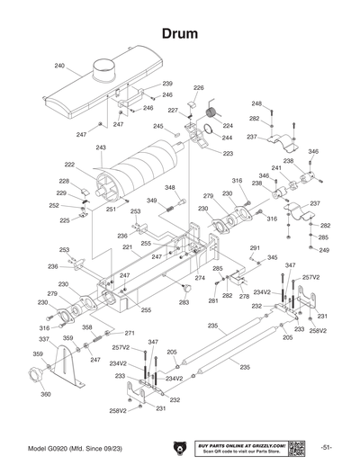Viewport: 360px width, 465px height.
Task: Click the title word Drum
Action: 180,32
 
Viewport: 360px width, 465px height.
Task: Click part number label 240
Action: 59,66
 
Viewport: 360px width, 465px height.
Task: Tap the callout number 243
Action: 101,148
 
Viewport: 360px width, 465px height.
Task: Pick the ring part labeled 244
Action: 207,137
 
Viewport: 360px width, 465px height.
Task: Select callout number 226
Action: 199,88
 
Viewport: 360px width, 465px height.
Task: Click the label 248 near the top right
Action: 256,103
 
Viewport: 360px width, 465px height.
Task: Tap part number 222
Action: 69,165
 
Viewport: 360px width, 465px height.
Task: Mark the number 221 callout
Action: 127,246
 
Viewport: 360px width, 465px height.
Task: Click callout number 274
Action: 200,279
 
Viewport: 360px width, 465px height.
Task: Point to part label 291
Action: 255,247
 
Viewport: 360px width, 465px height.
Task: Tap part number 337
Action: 43,339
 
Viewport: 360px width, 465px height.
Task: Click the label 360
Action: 45,395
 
